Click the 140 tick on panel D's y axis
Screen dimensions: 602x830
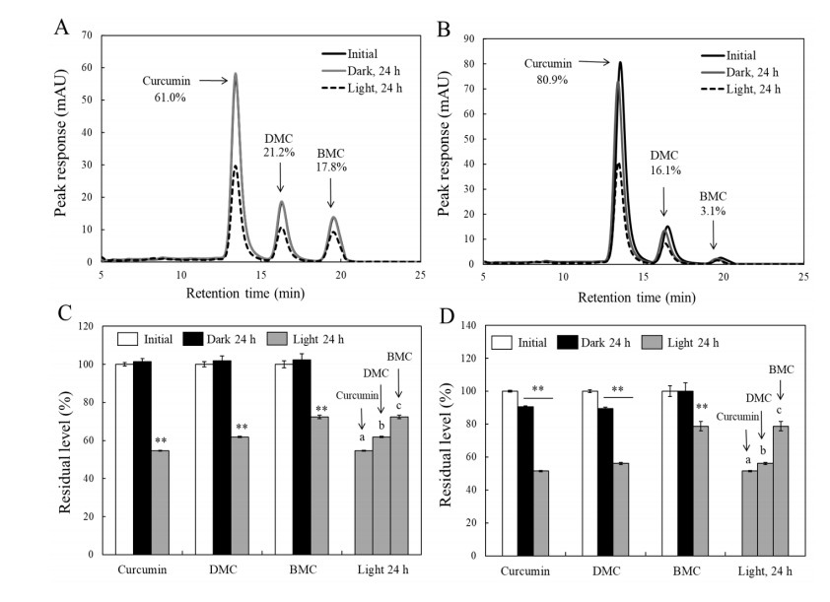471,325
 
